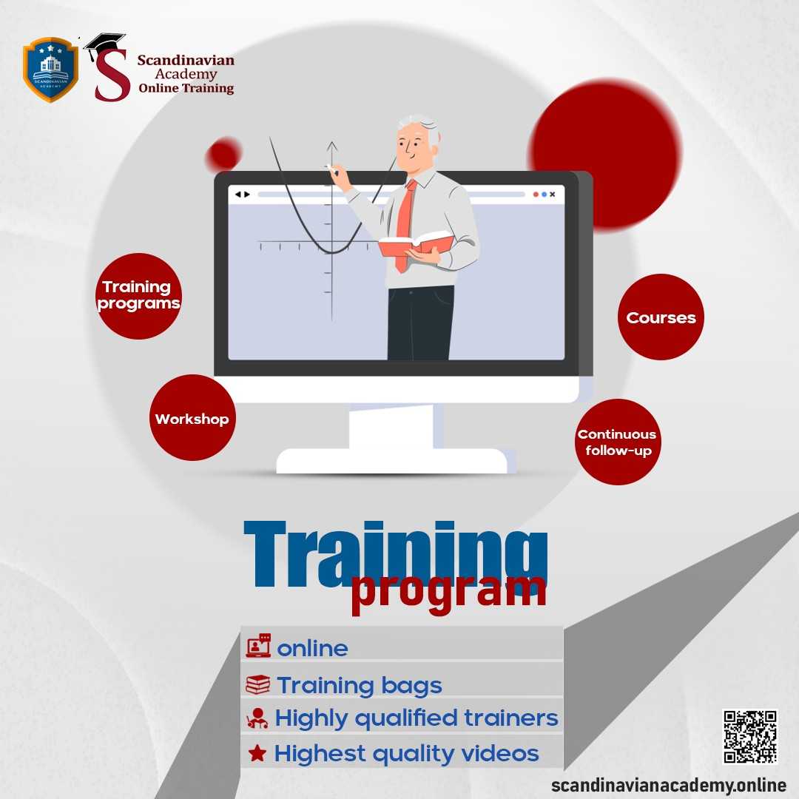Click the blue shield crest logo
tap(50, 70)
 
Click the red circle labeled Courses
tap(661, 317)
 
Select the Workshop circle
tap(192, 419)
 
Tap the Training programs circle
tap(138, 296)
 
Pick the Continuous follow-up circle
tap(617, 442)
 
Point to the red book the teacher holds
tap(416, 244)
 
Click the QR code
tap(749, 736)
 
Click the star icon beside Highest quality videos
tap(257, 754)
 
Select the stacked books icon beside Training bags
tap(257, 684)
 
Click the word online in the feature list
tap(312, 649)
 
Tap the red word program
tap(448, 592)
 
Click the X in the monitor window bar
tap(553, 195)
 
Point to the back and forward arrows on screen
tap(242, 195)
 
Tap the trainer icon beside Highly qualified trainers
tap(257, 718)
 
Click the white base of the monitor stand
tap(392, 462)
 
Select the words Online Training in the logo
tap(186, 89)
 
